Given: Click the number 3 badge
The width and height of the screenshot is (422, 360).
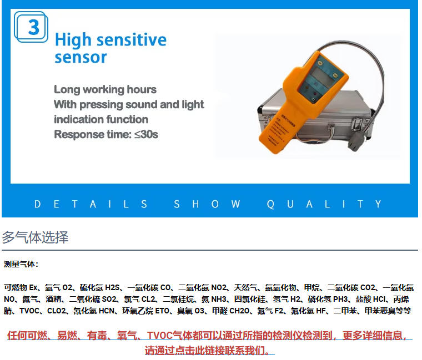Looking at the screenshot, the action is pos(31,27).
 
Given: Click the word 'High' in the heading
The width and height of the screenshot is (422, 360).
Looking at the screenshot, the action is pos(73,40).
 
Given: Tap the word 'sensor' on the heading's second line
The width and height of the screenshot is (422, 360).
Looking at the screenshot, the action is pos(81,57).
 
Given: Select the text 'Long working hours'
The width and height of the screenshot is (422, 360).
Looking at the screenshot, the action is pos(105,89).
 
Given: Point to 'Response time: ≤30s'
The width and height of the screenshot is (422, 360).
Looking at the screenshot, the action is pos(106,134).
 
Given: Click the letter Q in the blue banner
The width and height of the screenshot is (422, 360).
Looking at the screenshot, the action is pos(270,204).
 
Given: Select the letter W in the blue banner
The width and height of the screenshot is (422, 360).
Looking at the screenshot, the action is pos(235,204).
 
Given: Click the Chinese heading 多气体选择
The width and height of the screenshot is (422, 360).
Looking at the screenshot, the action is pos(35,237).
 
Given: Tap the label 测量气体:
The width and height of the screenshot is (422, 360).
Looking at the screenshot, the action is pos(21,264).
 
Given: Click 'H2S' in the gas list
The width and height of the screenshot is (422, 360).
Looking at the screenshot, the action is pos(112,287).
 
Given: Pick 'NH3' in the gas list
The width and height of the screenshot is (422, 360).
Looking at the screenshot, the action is pos(219,299).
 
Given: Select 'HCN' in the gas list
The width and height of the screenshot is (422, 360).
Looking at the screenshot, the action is pos(107,311).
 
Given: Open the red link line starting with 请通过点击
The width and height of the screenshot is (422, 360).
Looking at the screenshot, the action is pos(210,350).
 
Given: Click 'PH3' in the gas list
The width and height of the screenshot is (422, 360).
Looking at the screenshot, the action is pos(340,299).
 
